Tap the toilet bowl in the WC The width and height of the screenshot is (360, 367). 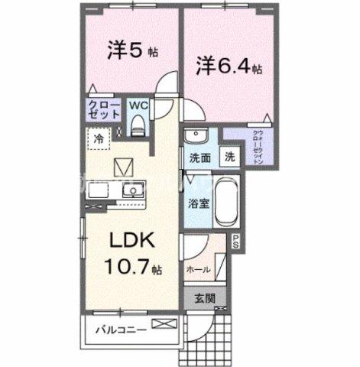point(138,122)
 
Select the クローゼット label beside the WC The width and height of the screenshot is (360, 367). point(103,109)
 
